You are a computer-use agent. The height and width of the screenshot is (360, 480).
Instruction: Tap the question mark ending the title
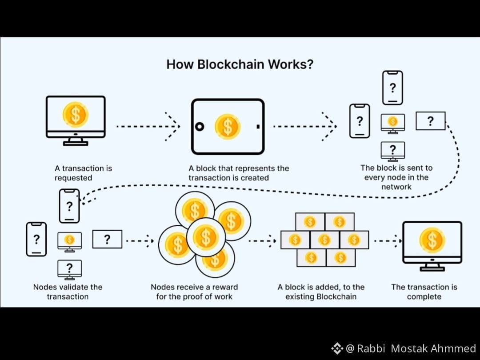(310, 64)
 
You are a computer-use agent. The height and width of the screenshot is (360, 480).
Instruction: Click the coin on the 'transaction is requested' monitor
(76, 114)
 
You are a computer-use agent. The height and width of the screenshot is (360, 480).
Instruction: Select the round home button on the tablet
(200, 127)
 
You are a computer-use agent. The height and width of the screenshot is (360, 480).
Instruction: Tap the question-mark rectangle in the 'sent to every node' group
(430, 121)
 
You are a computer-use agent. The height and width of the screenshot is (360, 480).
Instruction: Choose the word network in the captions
(396, 187)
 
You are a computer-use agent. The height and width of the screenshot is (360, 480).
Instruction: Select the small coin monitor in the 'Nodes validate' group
(69, 240)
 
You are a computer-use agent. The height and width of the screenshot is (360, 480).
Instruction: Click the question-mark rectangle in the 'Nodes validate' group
(107, 240)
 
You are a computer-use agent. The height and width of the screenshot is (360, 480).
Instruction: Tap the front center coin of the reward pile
(205, 237)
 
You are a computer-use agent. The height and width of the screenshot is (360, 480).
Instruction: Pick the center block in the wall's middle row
(324, 240)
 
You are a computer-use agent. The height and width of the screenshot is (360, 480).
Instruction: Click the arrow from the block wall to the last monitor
(388, 241)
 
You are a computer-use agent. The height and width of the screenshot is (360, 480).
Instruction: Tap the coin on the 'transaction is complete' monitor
(432, 240)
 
